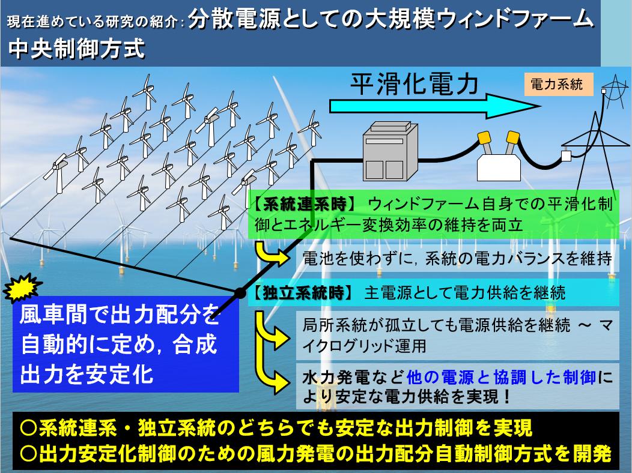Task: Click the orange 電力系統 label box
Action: coord(558,85)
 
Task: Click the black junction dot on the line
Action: coord(240,293)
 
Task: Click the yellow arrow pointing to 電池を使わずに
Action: coord(272,252)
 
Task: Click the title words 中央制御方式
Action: coord(76,49)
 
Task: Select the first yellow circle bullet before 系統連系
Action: coord(28,428)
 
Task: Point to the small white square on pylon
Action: coord(567,155)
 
